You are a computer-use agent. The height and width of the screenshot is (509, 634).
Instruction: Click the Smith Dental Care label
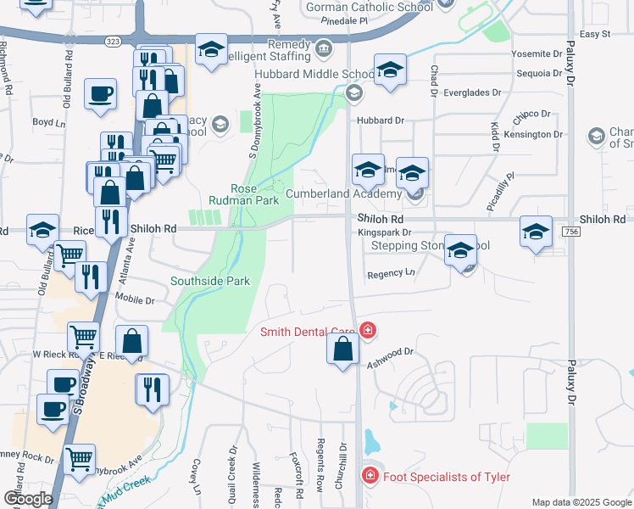(309, 333)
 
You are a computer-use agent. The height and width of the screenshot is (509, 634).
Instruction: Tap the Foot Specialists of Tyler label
(446, 476)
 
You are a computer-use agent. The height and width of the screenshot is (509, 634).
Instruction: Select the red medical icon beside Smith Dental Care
(368, 330)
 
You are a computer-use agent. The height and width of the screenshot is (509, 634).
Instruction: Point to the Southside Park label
(210, 281)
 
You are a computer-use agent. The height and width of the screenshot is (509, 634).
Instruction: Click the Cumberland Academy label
(342, 193)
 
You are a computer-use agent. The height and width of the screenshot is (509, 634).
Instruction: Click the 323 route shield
(113, 41)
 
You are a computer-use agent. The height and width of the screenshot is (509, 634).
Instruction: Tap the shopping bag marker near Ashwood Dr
(342, 350)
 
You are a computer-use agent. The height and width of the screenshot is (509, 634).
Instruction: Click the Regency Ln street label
(391, 274)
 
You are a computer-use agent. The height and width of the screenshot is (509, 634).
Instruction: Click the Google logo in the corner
(27, 499)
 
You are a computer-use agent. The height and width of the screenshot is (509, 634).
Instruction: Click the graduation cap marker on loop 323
(210, 49)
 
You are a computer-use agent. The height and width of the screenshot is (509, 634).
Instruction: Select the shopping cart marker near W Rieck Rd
(83, 337)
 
